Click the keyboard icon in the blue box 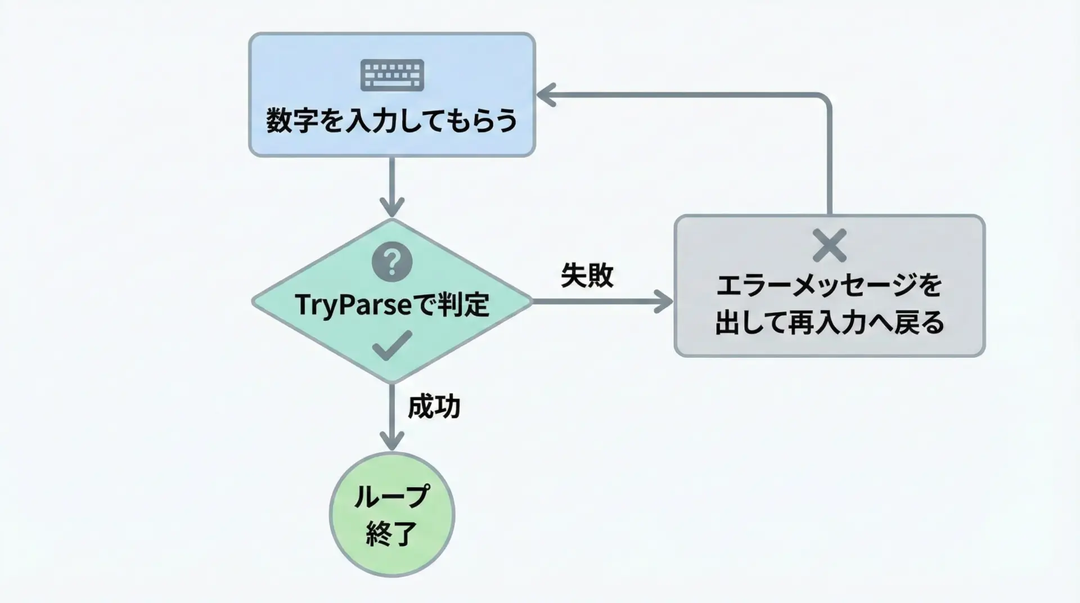point(392,75)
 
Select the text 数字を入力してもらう point(391,121)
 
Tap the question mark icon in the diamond point(392,262)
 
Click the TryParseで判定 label point(391,305)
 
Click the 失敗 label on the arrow point(587,276)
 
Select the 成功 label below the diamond point(434,406)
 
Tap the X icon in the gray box point(830,246)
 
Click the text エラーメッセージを point(829,286)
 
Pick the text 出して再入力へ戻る point(829,323)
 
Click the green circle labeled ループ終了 point(391,514)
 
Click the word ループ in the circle point(391,496)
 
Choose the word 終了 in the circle point(391,533)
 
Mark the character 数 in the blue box point(280,121)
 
